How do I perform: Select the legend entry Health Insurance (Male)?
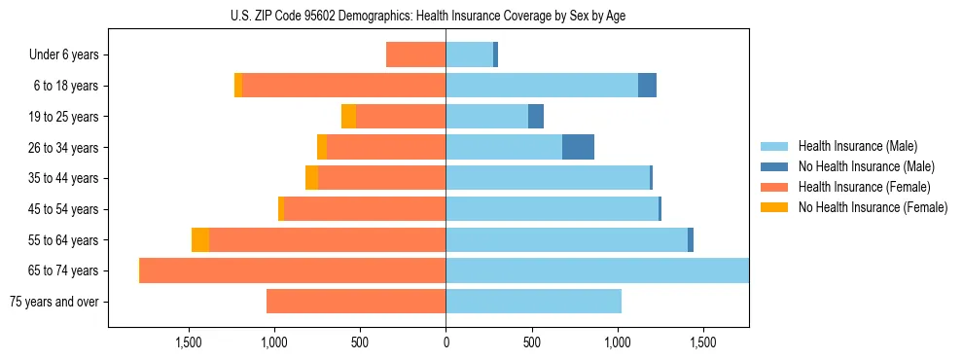(857, 147)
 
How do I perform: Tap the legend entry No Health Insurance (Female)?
(873, 207)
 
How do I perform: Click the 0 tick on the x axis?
(446, 342)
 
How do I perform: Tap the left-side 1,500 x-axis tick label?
(188, 342)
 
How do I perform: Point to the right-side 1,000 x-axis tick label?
(618, 342)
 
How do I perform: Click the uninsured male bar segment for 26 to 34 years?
(578, 147)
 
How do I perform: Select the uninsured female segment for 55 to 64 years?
(200, 239)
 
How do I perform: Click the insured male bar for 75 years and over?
(533, 302)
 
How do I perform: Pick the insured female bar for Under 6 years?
(415, 54)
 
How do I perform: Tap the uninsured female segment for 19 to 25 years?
(348, 116)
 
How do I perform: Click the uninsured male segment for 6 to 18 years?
(647, 86)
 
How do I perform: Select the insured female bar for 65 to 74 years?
(293, 270)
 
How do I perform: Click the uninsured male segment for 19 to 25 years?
(536, 116)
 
